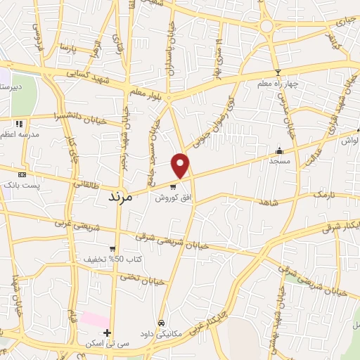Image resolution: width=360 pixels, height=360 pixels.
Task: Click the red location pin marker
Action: [x=181, y=166]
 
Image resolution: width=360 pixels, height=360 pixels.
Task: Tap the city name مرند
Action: [x=120, y=196]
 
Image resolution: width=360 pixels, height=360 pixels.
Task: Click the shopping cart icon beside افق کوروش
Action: [x=173, y=187]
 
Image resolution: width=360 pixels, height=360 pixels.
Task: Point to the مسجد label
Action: [x=279, y=161]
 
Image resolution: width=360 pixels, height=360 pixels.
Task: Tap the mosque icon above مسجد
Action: [x=279, y=150]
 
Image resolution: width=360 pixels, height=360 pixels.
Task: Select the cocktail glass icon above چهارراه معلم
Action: [x=278, y=72]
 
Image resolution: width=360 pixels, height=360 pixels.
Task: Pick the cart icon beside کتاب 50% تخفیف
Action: [x=112, y=248]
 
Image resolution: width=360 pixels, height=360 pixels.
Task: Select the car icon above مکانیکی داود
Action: [x=162, y=322]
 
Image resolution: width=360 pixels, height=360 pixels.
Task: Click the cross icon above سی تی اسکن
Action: [x=107, y=333]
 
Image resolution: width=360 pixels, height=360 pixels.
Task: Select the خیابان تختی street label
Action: [x=143, y=280]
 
